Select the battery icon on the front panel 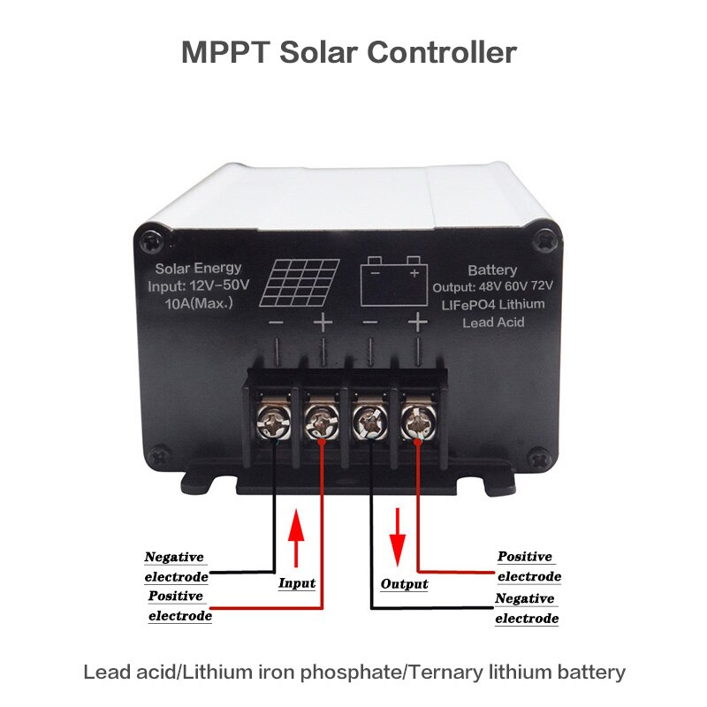[394, 280]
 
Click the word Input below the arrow [297, 583]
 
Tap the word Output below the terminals [404, 584]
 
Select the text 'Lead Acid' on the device [493, 323]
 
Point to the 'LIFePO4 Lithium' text [492, 305]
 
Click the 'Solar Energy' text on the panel [198, 268]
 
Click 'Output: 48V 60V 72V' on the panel [492, 288]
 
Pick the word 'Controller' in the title [441, 51]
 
